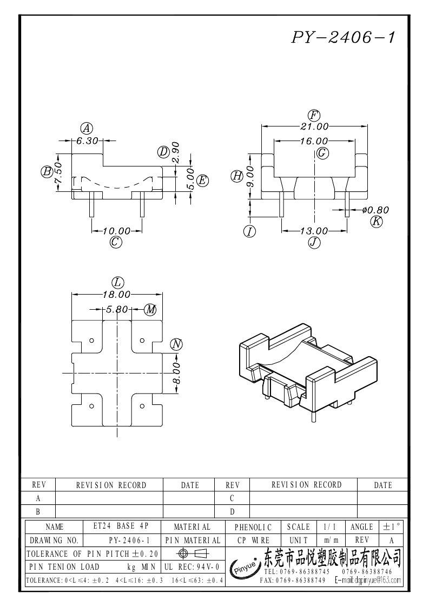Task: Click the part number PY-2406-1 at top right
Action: click(344, 37)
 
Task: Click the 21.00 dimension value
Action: click(314, 126)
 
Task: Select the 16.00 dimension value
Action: click(314, 141)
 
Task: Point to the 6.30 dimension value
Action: click(87, 141)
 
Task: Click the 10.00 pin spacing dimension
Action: click(116, 231)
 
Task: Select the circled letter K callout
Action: click(377, 221)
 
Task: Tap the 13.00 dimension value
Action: click(314, 231)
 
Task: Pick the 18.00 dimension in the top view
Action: click(117, 295)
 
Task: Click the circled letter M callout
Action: click(150, 310)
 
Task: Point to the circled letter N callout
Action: click(176, 344)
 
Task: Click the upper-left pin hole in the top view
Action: click(91, 341)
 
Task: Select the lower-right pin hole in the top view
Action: click(142, 406)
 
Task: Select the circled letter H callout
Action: click(237, 176)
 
